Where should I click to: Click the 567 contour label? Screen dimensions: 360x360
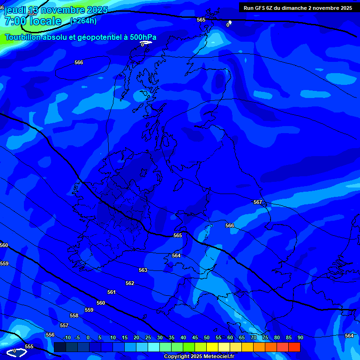point(258,202)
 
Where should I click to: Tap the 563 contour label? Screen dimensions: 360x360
point(143,270)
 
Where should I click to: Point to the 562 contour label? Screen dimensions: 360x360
point(130,283)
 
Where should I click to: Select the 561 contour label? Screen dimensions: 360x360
point(111,292)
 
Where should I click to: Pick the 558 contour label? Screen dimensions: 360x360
point(74,315)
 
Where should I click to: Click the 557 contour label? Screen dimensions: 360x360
point(64,325)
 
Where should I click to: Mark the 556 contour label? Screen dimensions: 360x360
point(50,335)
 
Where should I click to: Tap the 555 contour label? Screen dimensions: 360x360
point(29,346)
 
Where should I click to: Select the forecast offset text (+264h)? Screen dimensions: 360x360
point(83,21)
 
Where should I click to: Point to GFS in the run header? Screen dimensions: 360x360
point(260,8)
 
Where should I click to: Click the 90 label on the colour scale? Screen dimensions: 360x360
point(300,337)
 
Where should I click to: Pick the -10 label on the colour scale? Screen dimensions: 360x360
point(67,337)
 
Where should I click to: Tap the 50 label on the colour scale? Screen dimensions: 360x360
point(207,337)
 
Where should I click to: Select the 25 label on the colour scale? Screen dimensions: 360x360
point(148,337)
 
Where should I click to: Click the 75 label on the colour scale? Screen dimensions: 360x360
point(265,337)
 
